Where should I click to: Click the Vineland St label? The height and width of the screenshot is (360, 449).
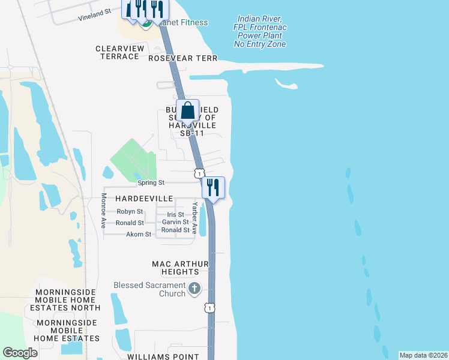(95, 15)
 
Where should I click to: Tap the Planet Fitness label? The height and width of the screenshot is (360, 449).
(182, 23)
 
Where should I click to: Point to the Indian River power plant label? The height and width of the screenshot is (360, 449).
(260, 32)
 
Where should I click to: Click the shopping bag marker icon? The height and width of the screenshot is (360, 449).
(188, 111)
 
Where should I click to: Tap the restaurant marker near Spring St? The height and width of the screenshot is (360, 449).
(213, 188)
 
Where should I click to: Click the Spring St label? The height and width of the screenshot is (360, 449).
(151, 182)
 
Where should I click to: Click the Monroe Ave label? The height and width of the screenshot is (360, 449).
(103, 210)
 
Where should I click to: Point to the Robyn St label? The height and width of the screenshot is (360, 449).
(130, 212)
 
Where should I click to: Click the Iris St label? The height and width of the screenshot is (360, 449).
(175, 215)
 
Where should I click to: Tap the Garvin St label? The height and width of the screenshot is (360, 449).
(175, 223)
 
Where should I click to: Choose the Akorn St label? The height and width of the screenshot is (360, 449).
(139, 235)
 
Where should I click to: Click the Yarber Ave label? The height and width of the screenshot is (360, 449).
(195, 215)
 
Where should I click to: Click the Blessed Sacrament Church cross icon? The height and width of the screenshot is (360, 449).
(194, 289)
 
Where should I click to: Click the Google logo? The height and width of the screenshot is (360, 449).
(20, 353)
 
